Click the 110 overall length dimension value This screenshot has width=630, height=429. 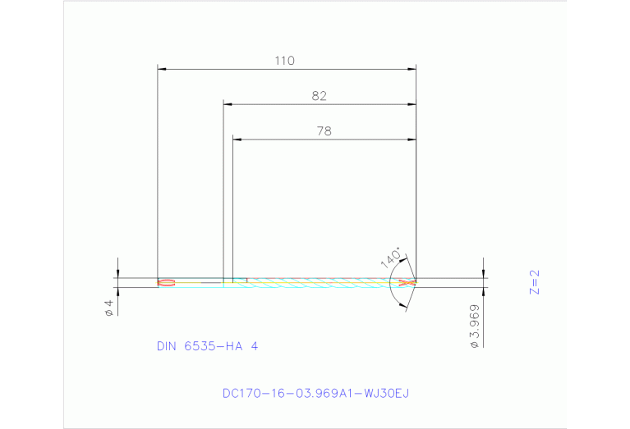point(286,60)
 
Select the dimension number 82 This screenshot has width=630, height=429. point(319,96)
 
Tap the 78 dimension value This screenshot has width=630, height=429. point(324,130)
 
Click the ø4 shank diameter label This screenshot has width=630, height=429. point(108,308)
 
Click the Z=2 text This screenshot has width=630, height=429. point(536,281)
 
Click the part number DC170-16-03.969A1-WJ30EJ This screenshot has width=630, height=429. point(315,393)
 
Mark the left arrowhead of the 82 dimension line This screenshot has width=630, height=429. point(229,104)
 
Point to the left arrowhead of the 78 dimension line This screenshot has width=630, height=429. point(237,139)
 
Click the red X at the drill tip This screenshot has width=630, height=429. point(405,283)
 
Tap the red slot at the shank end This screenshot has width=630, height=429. point(166,283)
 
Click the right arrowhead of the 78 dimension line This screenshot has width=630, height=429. point(412,139)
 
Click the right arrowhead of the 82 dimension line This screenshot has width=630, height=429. point(412,104)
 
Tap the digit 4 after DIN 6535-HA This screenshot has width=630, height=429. point(255,346)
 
